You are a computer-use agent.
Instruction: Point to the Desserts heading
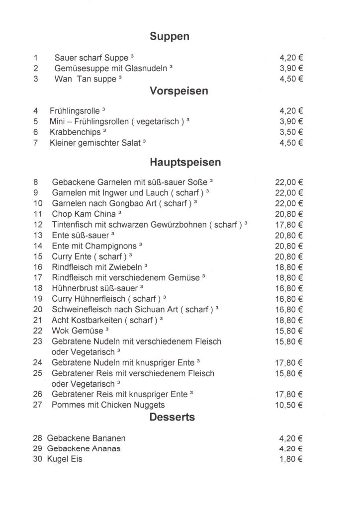[172, 417]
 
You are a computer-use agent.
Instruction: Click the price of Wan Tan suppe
[292, 79]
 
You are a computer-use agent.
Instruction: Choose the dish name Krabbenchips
[74, 132]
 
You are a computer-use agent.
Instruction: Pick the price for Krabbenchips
[292, 132]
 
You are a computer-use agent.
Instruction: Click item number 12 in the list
[38, 225]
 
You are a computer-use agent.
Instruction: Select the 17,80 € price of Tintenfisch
[289, 225]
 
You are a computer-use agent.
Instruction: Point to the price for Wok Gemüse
[289, 331]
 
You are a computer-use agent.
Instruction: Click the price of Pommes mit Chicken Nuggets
[289, 405]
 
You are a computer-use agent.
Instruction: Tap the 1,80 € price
[292, 459]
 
